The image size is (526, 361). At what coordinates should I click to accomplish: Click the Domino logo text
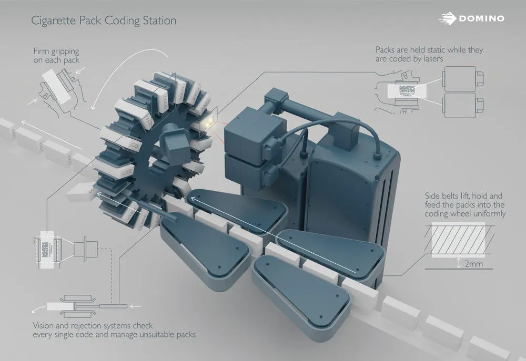481,18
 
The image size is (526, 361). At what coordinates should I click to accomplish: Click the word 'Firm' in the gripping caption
42,51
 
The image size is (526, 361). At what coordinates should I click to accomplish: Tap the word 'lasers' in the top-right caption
431,59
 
